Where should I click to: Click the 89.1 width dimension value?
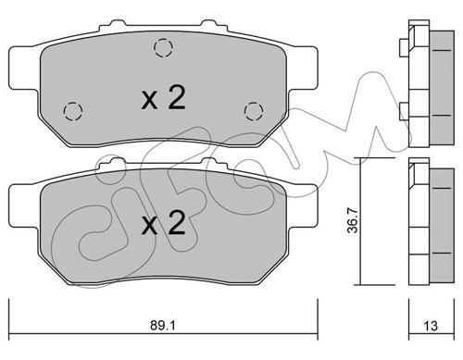point(163,325)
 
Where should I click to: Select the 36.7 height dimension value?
point(353,220)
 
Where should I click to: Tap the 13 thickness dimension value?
point(431,326)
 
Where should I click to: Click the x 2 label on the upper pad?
point(164,98)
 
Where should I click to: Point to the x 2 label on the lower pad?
point(164,223)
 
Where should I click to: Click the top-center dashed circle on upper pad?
point(163,48)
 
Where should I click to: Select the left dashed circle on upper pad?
point(73,111)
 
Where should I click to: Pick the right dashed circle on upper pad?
point(254,111)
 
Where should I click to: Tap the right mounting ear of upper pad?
point(303,68)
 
